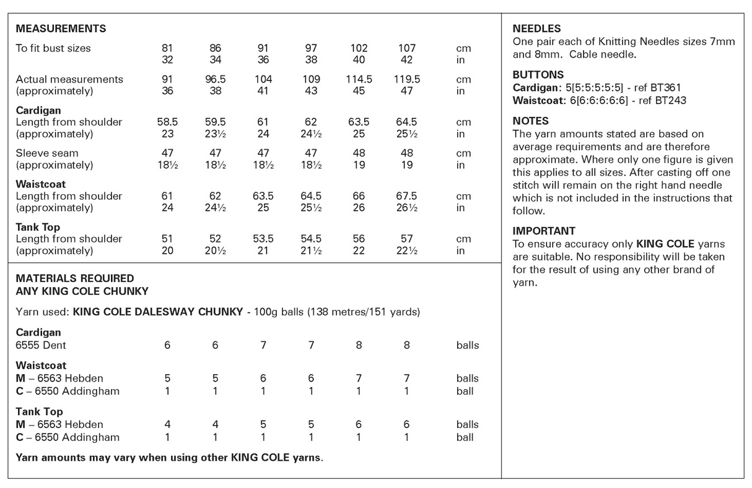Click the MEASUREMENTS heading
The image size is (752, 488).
(61, 28)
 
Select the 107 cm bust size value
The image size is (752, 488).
(406, 48)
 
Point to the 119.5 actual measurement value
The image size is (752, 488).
(406, 79)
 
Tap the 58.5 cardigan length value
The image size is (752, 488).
(167, 122)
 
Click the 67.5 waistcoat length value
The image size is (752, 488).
(406, 196)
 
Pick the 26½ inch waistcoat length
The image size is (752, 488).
(406, 208)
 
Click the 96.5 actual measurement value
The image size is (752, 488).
(215, 79)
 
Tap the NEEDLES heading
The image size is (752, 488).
(536, 28)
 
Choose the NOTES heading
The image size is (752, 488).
(530, 121)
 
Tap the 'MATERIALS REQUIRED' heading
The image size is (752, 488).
(74, 278)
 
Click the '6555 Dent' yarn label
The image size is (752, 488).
(40, 345)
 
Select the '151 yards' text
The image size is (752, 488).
(396, 312)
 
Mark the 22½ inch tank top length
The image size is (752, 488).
(406, 251)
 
